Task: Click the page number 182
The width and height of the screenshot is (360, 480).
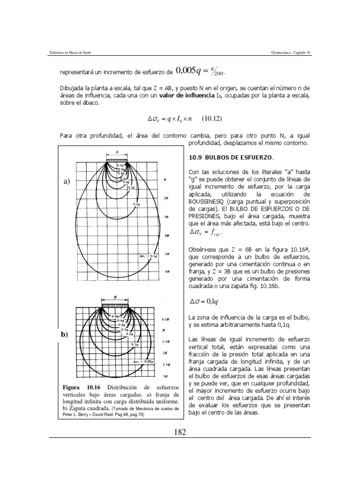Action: tap(180, 432)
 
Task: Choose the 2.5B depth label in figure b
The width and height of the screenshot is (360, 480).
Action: tap(166, 364)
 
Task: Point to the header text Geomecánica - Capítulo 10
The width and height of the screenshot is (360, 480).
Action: tap(291, 52)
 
